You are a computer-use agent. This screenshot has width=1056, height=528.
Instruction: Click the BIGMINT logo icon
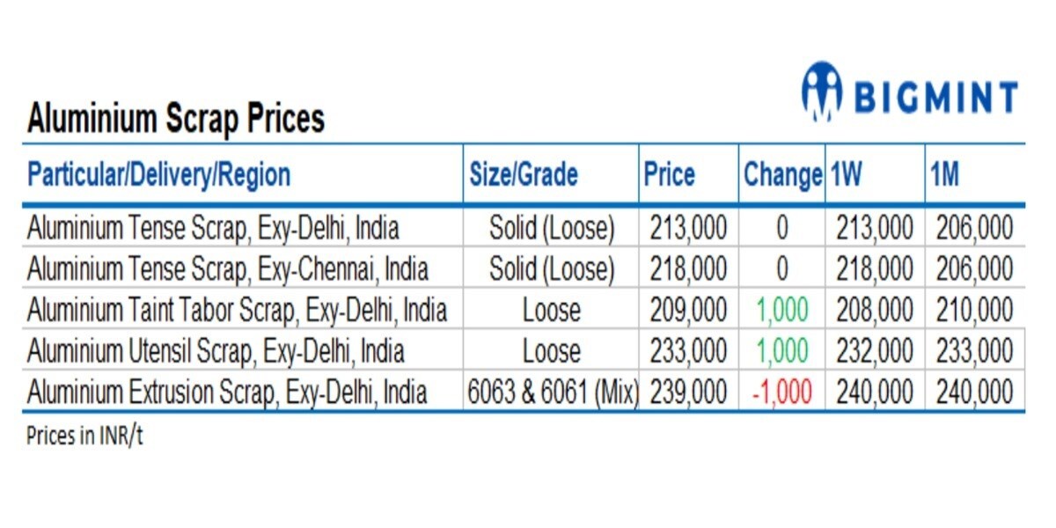(x=821, y=91)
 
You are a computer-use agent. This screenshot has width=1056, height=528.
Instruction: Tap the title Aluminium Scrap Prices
(x=176, y=118)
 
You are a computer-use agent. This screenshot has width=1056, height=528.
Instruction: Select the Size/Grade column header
(x=522, y=174)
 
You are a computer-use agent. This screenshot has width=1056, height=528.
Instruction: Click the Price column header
(x=669, y=174)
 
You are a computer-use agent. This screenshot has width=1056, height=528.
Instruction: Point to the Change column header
(x=781, y=174)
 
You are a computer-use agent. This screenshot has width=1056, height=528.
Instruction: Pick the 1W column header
(x=846, y=174)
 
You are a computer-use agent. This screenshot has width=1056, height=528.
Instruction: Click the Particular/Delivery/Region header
(x=159, y=174)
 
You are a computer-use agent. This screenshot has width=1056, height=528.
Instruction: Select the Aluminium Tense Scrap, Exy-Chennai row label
(x=228, y=268)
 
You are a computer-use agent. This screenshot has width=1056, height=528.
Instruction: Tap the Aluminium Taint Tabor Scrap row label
(x=237, y=310)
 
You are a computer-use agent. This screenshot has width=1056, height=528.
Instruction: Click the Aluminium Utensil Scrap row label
(x=216, y=351)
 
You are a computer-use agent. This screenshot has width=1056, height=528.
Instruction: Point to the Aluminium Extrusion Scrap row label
(x=227, y=392)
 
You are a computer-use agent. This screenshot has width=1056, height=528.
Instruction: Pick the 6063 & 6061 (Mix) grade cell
(x=552, y=392)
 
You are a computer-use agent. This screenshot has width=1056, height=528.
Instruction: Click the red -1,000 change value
(x=781, y=392)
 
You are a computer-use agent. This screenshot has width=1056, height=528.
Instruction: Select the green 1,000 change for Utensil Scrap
(x=781, y=351)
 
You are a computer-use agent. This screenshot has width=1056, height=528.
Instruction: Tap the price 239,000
(x=688, y=392)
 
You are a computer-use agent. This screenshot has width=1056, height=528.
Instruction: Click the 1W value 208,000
(x=875, y=310)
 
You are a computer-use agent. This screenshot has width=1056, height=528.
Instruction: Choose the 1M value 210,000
(x=974, y=310)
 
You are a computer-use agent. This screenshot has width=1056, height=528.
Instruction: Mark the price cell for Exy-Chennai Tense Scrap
(x=688, y=268)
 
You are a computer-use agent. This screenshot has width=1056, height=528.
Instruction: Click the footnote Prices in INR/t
(x=84, y=436)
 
